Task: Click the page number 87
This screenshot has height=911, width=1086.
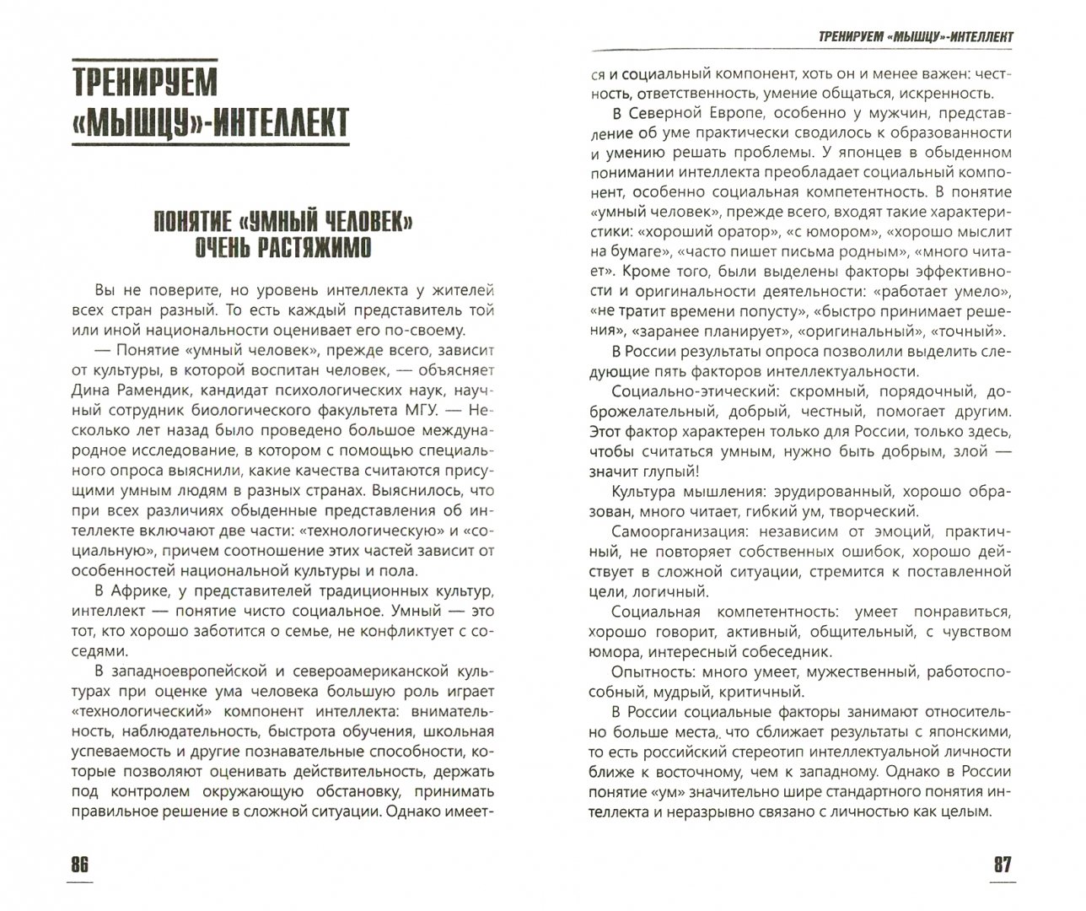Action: click(1001, 866)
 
